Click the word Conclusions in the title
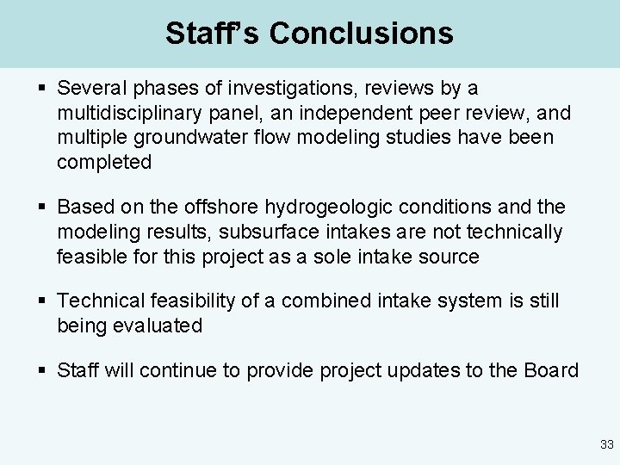click(361, 34)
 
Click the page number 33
click(606, 444)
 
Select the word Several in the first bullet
click(90, 88)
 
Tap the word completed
click(104, 162)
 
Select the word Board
click(554, 370)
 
